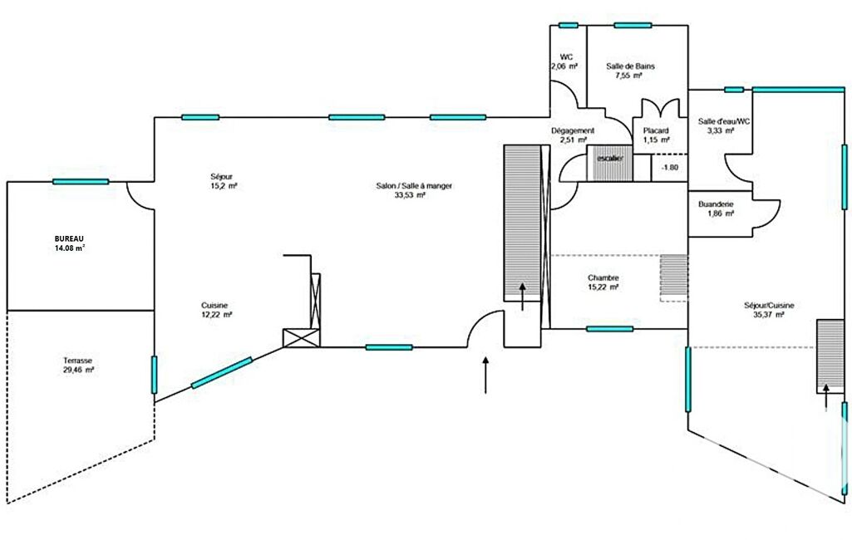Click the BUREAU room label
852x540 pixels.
coord(69,238)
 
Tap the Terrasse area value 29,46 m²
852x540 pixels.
coord(79,370)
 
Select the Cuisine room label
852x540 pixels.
coord(214,306)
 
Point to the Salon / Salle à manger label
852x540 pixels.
coord(414,186)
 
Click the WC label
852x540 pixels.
coord(566,57)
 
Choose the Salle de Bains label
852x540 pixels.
coord(630,66)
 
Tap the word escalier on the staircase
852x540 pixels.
coord(610,158)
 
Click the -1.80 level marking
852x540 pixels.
coord(670,167)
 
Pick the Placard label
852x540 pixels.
coord(656,130)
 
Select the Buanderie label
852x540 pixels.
coord(716,204)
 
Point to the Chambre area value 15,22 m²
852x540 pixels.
coord(603,287)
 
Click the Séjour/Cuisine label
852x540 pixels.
coord(769,306)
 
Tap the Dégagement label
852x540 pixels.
coord(573,130)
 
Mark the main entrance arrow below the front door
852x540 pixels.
coord(485,375)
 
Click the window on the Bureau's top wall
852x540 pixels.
coord(81,181)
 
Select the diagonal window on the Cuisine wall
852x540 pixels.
coord(222,373)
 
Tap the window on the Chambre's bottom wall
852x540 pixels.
coord(609,329)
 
